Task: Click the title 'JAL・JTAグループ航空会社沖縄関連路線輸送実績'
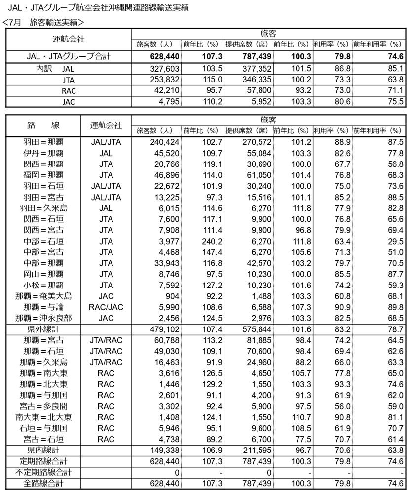[99, 8]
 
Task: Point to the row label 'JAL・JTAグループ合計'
[69, 57]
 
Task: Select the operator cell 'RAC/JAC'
[106, 307]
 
